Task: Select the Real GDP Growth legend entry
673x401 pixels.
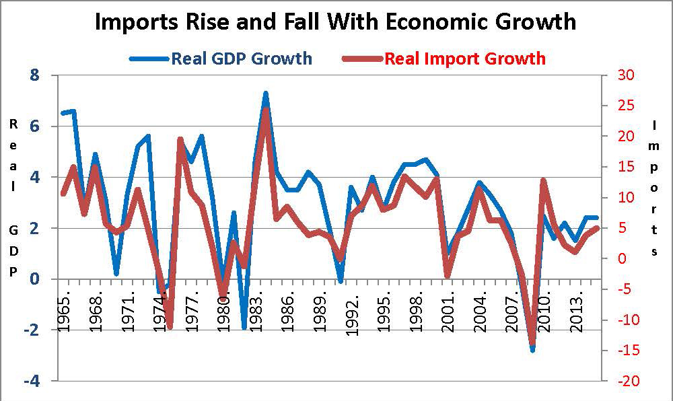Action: tap(241, 59)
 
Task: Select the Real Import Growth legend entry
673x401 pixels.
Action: tap(464, 59)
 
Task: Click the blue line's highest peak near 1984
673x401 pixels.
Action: tap(266, 94)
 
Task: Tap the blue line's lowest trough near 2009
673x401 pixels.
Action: tap(532, 350)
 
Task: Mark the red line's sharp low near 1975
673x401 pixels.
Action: tap(170, 327)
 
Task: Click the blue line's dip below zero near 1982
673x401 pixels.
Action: tap(244, 328)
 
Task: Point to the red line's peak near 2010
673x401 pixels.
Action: tap(543, 180)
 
